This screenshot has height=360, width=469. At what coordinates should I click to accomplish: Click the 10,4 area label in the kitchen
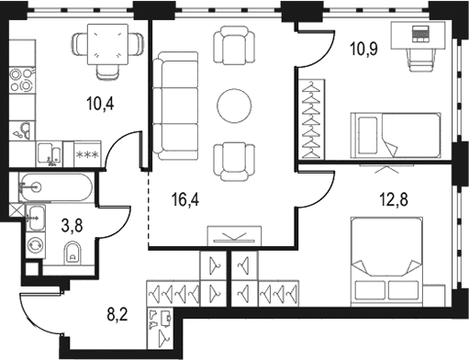pos(100,104)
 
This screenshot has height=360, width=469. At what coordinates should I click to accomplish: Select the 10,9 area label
pos(364,49)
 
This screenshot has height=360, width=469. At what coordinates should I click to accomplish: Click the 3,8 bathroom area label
pos(73,226)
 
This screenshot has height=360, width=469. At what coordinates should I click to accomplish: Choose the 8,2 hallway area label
pos(117,314)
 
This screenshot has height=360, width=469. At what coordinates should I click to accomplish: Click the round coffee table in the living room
pos(234,106)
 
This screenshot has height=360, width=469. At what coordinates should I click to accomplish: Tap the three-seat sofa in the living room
pos(175,106)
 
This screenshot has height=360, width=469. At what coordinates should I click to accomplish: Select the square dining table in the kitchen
pos(107,45)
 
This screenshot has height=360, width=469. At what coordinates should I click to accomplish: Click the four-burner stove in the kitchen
pos(21,81)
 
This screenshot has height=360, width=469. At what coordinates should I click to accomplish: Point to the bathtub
pos(55,186)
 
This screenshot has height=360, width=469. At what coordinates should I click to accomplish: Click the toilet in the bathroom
pos(73,253)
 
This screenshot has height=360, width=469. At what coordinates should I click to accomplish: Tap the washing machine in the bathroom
pos(35,245)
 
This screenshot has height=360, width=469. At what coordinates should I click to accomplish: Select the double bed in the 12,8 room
pos(387,262)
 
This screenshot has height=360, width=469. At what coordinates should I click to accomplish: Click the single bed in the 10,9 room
pos(396,136)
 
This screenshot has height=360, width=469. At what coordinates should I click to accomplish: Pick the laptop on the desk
pos(421,34)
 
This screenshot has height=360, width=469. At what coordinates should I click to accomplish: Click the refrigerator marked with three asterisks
pos(87,154)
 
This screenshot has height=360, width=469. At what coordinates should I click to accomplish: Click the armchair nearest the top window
pos(234,45)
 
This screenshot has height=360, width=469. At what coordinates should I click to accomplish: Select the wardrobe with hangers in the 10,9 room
pos(311,119)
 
